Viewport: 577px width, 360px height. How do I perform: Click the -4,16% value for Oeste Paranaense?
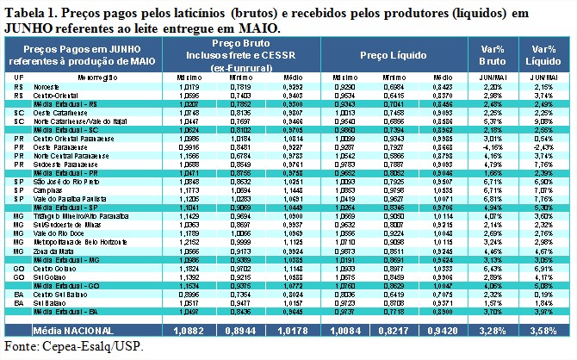[492, 147]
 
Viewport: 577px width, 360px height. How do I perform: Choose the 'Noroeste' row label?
[49, 87]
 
